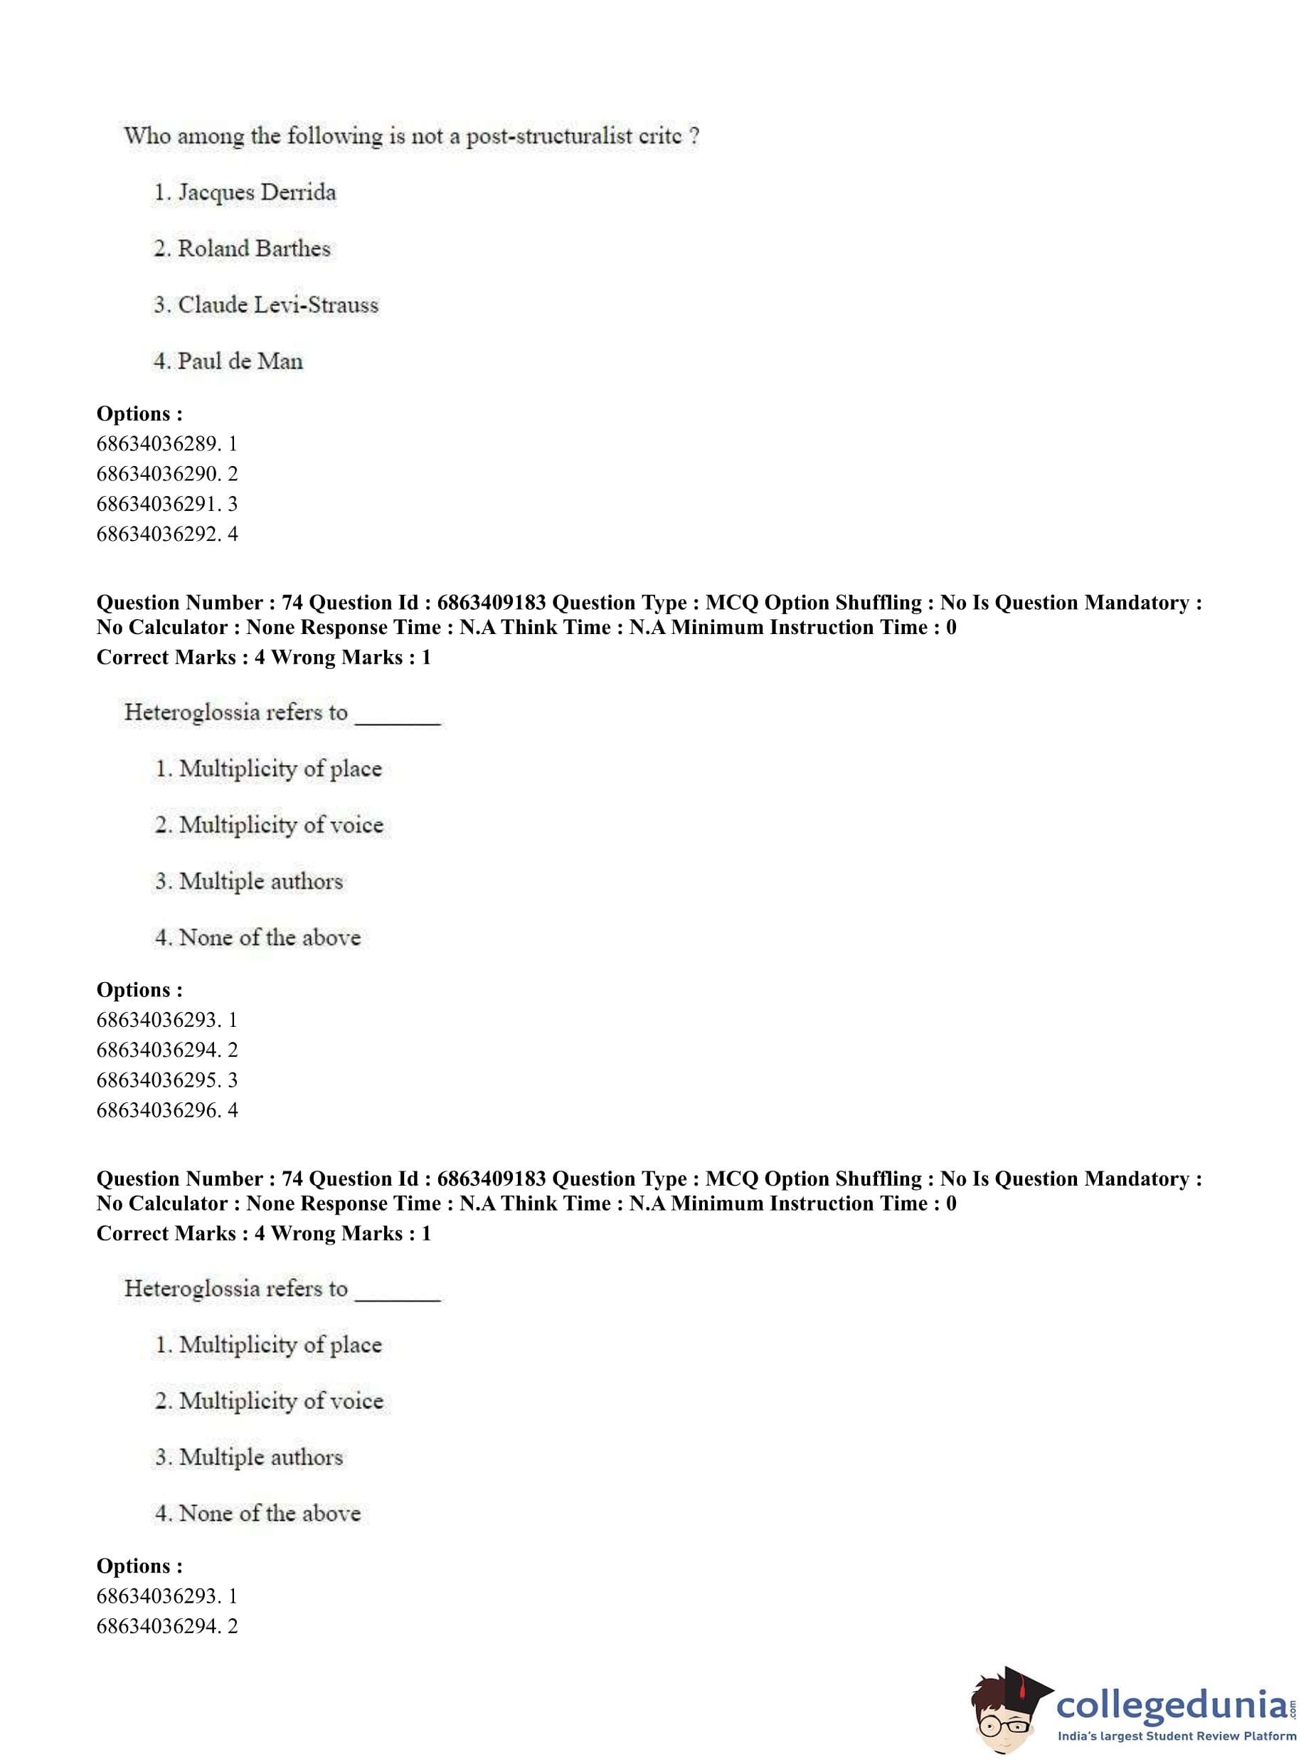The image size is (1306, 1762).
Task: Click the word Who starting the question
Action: [x=147, y=136]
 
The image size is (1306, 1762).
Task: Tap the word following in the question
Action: [x=334, y=136]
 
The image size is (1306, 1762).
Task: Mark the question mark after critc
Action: [x=694, y=136]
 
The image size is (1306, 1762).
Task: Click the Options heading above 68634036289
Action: [x=139, y=413]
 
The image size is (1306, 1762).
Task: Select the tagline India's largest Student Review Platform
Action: [x=1177, y=1736]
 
